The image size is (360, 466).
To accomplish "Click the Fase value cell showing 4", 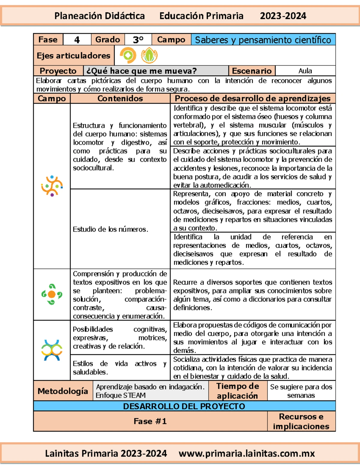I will (77, 40).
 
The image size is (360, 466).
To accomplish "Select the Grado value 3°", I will (138, 40).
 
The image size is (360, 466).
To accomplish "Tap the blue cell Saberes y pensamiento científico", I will (263, 40).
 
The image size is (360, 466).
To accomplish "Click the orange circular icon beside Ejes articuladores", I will (128, 55).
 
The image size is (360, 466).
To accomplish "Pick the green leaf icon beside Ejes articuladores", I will (149, 56).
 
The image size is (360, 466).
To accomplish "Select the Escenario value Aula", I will (305, 71).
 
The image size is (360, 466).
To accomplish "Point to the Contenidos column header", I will (120, 98).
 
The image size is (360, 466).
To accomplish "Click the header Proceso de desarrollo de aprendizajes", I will (253, 98).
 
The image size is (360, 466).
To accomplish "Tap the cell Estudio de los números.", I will (110, 229).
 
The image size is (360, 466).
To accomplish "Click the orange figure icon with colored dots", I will (52, 186).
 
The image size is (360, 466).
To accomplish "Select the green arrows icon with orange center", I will (52, 294).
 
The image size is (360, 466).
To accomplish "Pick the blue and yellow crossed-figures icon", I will (52, 350).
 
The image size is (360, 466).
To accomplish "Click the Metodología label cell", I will (63, 391).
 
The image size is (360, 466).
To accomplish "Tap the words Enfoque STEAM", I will (121, 395).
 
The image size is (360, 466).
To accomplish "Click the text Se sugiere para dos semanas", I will (301, 391).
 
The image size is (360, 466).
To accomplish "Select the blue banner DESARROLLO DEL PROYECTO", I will (184, 406).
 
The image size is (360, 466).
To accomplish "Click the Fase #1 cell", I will (150, 421).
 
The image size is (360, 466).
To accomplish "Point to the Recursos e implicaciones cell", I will (301, 421).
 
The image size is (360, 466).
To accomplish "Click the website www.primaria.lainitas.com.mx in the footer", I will (247, 453).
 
